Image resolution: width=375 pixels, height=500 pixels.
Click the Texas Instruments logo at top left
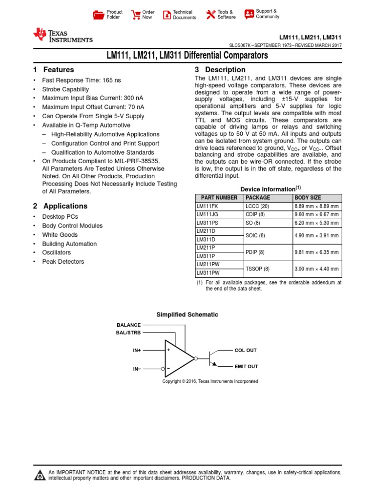tap(62, 35)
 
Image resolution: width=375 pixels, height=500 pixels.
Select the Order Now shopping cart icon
tap(135, 15)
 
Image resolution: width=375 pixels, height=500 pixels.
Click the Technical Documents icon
tap(167, 15)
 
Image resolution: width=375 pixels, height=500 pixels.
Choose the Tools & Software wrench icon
tap(210, 15)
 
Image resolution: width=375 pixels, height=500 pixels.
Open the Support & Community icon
tap(249, 14)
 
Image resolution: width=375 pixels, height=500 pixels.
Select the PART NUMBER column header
tap(217, 198)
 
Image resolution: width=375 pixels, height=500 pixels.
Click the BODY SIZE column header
tap(308, 198)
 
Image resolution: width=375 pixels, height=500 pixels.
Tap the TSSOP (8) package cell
tap(257, 269)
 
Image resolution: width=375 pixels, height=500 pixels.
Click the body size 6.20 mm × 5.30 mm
tap(316, 223)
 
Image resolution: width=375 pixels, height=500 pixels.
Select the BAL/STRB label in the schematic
tap(128, 333)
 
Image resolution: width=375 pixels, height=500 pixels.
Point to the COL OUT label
tap(245, 351)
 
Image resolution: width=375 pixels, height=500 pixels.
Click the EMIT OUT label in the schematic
tap(246, 366)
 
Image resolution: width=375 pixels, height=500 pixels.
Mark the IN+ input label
tap(137, 351)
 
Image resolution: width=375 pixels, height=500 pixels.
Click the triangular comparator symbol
tap(178, 358)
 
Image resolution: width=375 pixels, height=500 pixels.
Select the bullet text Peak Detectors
tap(63, 262)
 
